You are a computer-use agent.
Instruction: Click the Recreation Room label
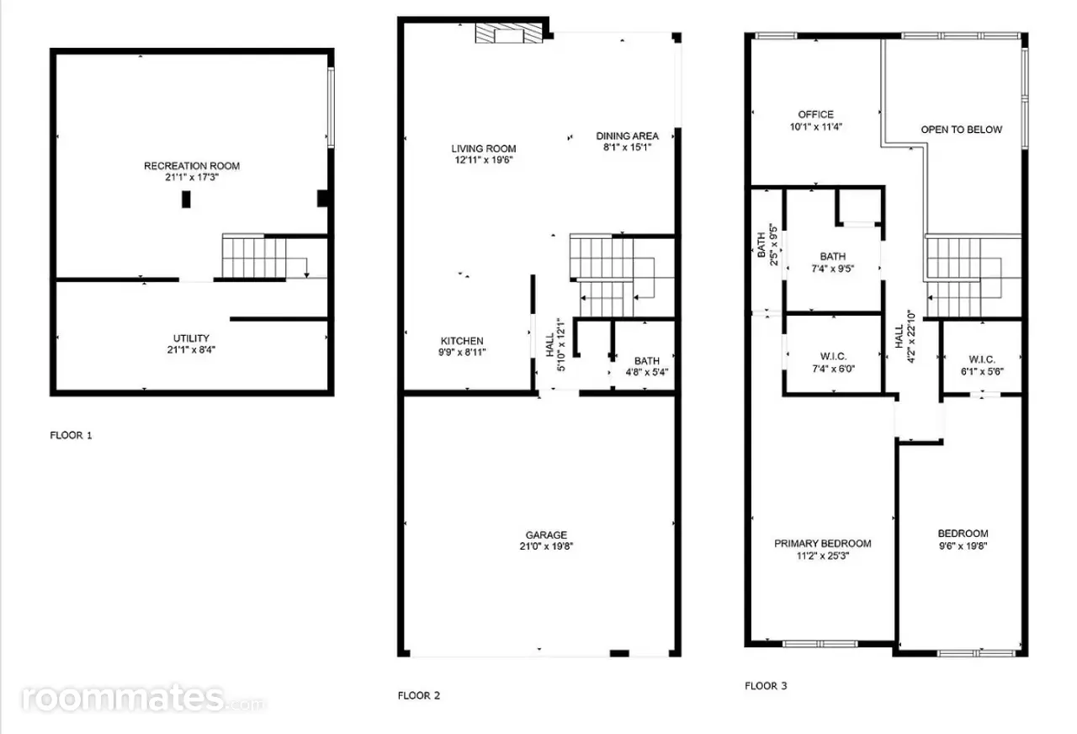click(192, 166)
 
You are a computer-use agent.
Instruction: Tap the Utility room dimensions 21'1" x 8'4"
click(191, 349)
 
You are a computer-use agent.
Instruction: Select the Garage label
click(546, 535)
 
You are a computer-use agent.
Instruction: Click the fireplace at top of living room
click(509, 33)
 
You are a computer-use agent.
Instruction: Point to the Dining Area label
click(628, 136)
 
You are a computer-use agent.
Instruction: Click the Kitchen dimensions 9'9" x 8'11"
click(462, 352)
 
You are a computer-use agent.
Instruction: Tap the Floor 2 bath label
click(647, 361)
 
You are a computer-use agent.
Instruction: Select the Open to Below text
click(962, 130)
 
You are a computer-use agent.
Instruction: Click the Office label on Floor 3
click(816, 114)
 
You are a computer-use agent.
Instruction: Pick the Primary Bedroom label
click(823, 544)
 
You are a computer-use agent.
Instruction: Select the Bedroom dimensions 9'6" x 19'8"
click(963, 546)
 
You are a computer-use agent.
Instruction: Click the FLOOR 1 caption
click(72, 435)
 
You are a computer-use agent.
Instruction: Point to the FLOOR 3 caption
click(766, 686)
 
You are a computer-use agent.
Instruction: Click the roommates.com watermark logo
click(143, 699)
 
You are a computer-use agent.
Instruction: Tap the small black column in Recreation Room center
click(186, 199)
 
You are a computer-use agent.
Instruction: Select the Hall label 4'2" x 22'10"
click(905, 337)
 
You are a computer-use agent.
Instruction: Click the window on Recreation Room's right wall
click(331, 107)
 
